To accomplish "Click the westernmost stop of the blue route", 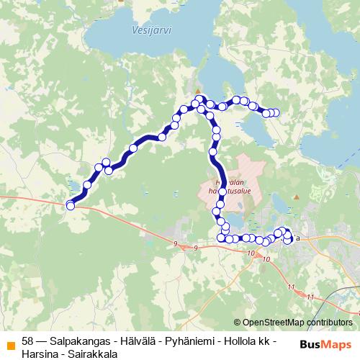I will click(x=71, y=206).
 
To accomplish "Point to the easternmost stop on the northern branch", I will click(x=274, y=112).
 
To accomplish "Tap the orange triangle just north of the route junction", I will click(x=198, y=91).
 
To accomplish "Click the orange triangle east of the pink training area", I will click(x=295, y=197).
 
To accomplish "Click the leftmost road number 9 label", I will click(x=175, y=244).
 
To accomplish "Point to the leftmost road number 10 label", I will click(x=249, y=253).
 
